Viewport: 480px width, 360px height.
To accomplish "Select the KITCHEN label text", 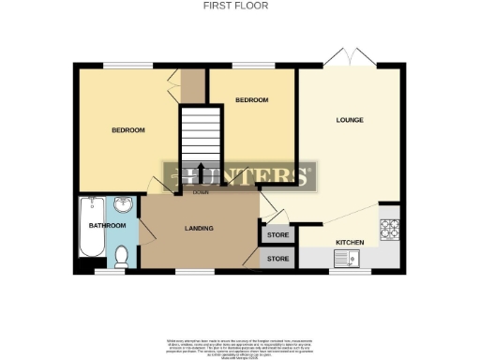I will point(350,242).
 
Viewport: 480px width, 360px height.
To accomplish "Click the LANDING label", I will point(198,228).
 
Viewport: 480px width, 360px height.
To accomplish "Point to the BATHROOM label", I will point(107,226).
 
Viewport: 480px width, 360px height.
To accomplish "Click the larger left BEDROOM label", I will point(128,130).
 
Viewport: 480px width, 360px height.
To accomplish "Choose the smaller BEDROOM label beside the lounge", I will point(252,100).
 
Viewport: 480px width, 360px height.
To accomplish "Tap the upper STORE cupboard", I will point(277,235).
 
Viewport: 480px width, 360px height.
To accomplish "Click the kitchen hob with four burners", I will point(390,226).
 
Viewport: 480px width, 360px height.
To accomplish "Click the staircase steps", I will point(198,136).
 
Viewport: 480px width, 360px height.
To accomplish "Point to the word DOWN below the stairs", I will point(201,192).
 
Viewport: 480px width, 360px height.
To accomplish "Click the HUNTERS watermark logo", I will point(240,174).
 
